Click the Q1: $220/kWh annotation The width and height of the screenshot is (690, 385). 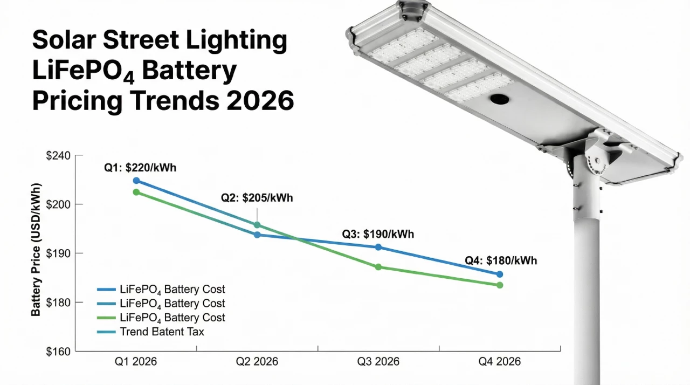pos(140,168)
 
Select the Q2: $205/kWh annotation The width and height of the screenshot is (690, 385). pos(257,197)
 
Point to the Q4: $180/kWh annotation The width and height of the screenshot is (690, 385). pos(501,260)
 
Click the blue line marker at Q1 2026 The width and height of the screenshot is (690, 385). pos(136,181)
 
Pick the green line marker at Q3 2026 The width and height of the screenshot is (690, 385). pos(378,267)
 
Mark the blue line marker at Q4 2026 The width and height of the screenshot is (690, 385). pos(500,274)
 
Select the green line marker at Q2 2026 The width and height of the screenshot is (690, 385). pos(257,225)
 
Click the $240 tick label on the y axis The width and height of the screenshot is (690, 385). pos(58,156)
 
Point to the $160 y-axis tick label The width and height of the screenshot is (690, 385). pos(58,352)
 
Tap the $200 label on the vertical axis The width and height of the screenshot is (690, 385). pos(58,204)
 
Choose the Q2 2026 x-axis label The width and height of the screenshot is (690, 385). pos(257,362)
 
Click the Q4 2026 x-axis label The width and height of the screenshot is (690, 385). pos(500,362)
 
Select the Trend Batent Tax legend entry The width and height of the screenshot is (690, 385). pos(162,332)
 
